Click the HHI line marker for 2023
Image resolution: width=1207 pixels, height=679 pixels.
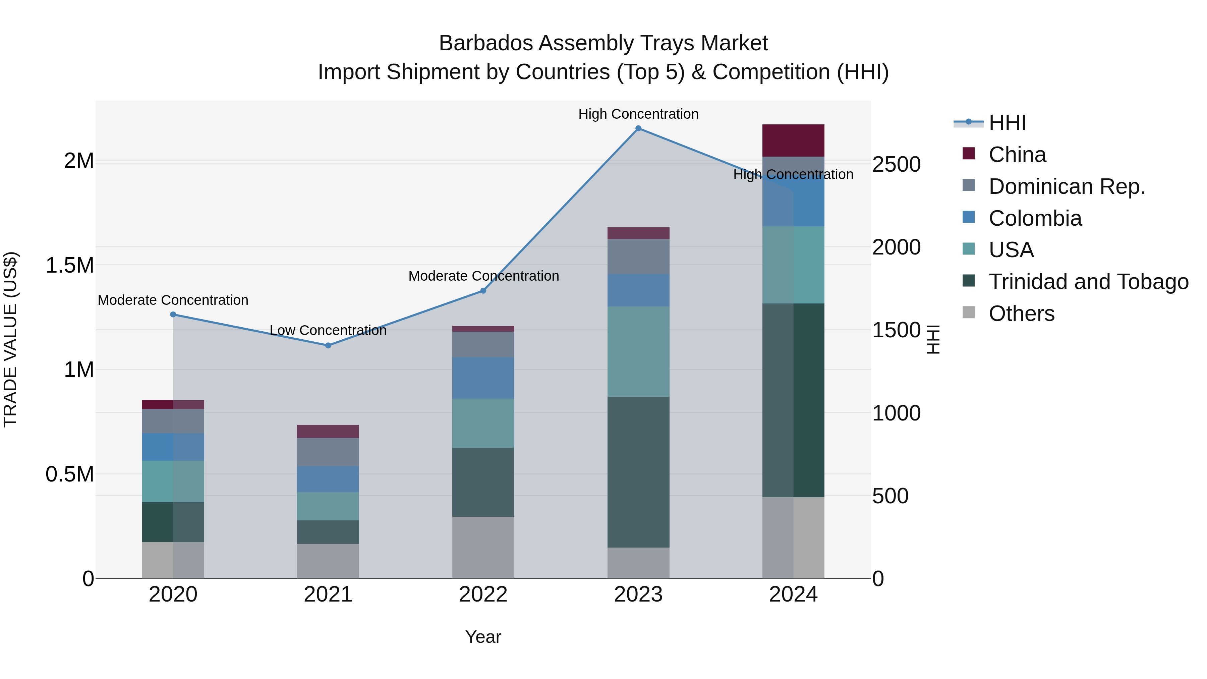[x=638, y=128]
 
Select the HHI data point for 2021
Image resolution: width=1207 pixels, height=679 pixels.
[x=328, y=345]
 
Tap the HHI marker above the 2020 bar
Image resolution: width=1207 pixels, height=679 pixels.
[x=173, y=315]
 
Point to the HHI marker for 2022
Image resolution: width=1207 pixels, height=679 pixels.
[x=483, y=290]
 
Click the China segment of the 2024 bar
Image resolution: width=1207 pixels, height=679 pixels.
[x=793, y=140]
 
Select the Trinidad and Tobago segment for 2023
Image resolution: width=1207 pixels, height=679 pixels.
[x=638, y=472]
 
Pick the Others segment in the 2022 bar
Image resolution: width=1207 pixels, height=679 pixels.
[x=483, y=547]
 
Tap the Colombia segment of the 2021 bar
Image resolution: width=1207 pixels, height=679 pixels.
[x=328, y=479]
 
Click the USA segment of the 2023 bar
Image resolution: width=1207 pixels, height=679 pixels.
[x=638, y=351]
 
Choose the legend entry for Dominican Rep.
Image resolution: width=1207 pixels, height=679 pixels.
[x=1067, y=186]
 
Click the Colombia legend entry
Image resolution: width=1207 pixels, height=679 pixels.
[x=1035, y=218]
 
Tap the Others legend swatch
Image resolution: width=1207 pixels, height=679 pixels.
[x=969, y=313]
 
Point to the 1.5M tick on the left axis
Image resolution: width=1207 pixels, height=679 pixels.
[x=69, y=265]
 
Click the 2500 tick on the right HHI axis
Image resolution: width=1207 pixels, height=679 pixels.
[x=896, y=165]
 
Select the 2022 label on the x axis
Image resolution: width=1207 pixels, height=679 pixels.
[x=483, y=595]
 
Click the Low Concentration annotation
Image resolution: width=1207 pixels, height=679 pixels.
[x=328, y=330]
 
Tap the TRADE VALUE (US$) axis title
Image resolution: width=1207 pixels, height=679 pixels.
[x=10, y=339]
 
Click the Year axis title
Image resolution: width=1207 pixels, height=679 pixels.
[x=483, y=637]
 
